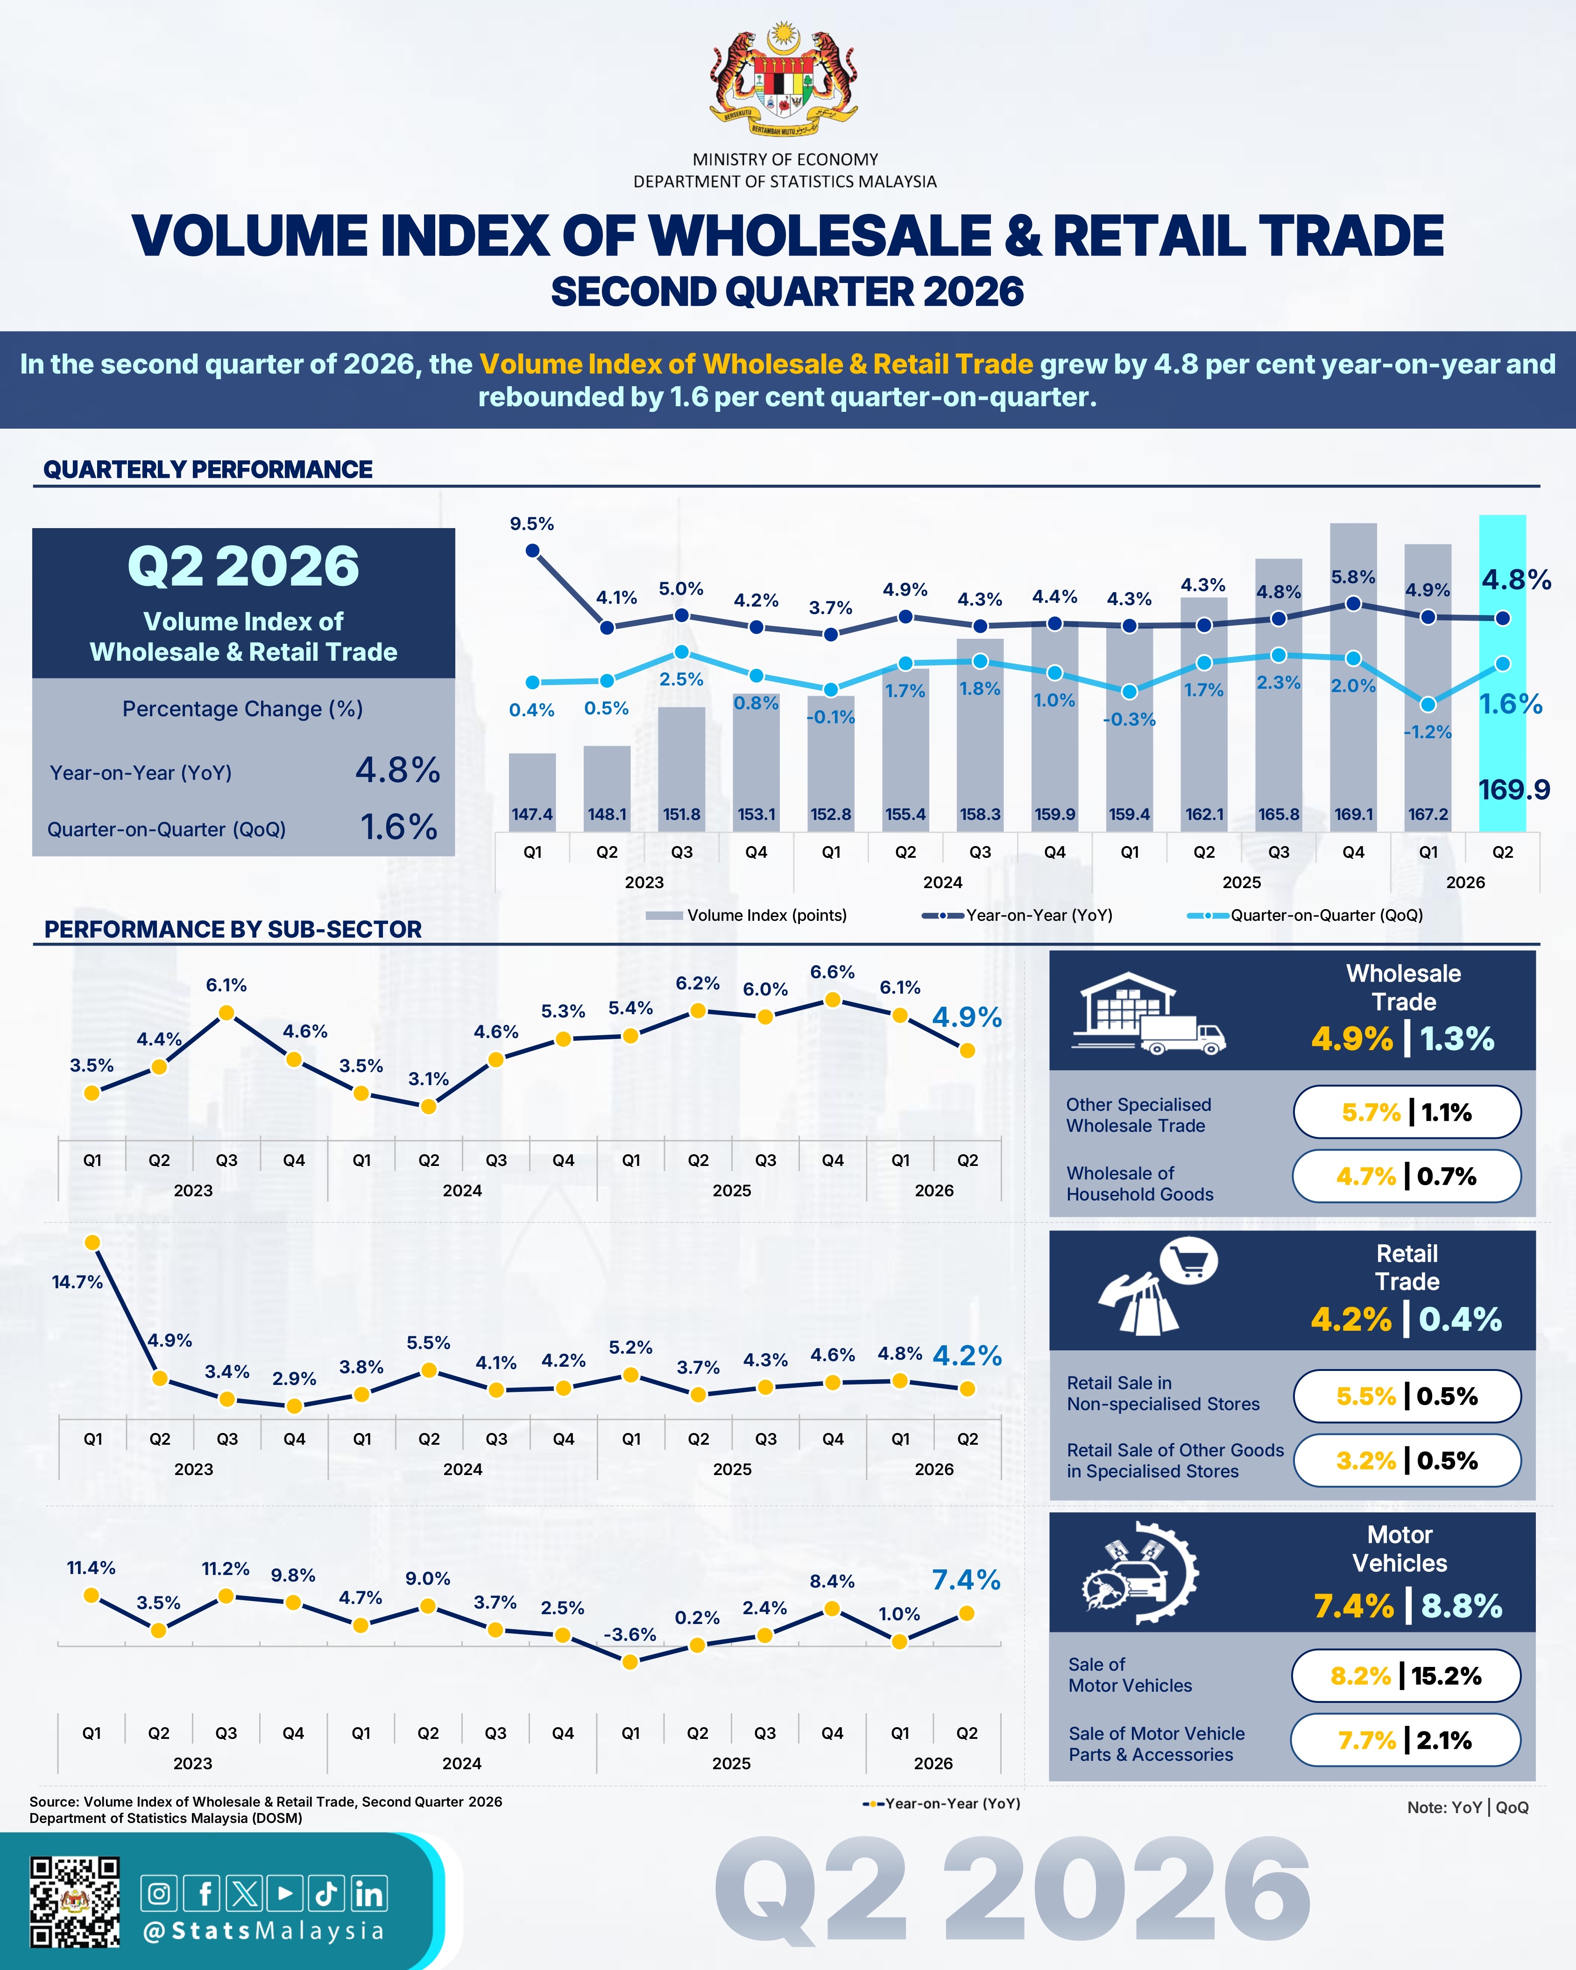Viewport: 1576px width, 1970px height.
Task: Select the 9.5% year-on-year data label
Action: coord(532,523)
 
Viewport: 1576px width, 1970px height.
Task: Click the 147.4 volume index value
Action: coord(532,814)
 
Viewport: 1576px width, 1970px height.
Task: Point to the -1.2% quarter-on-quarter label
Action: coord(1428,732)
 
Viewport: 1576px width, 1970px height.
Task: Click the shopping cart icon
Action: coord(1188,1262)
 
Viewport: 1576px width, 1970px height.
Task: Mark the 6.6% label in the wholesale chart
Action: coord(832,972)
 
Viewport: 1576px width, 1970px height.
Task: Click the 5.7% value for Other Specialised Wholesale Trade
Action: coord(1371,1112)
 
